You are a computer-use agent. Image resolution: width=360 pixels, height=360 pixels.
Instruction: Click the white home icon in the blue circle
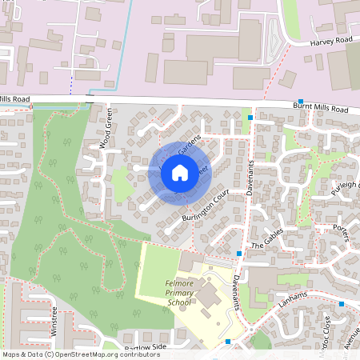[x=180, y=171]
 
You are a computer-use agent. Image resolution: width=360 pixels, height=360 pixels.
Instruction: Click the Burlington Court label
[x=206, y=206]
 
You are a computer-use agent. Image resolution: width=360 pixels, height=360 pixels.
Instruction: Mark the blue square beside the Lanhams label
[x=341, y=304]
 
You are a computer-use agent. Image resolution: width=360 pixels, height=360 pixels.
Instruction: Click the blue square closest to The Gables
[x=239, y=253]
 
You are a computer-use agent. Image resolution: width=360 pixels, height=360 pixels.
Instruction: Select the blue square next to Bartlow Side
[x=228, y=342]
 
